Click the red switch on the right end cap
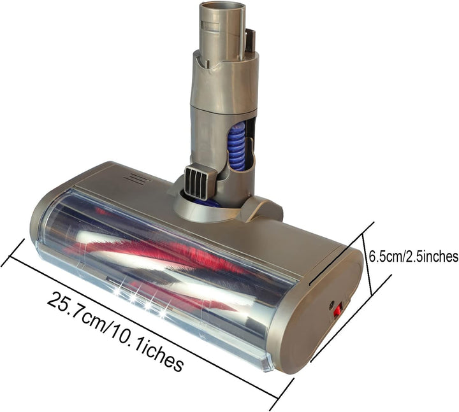point(337,311)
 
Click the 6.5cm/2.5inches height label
point(414,256)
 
